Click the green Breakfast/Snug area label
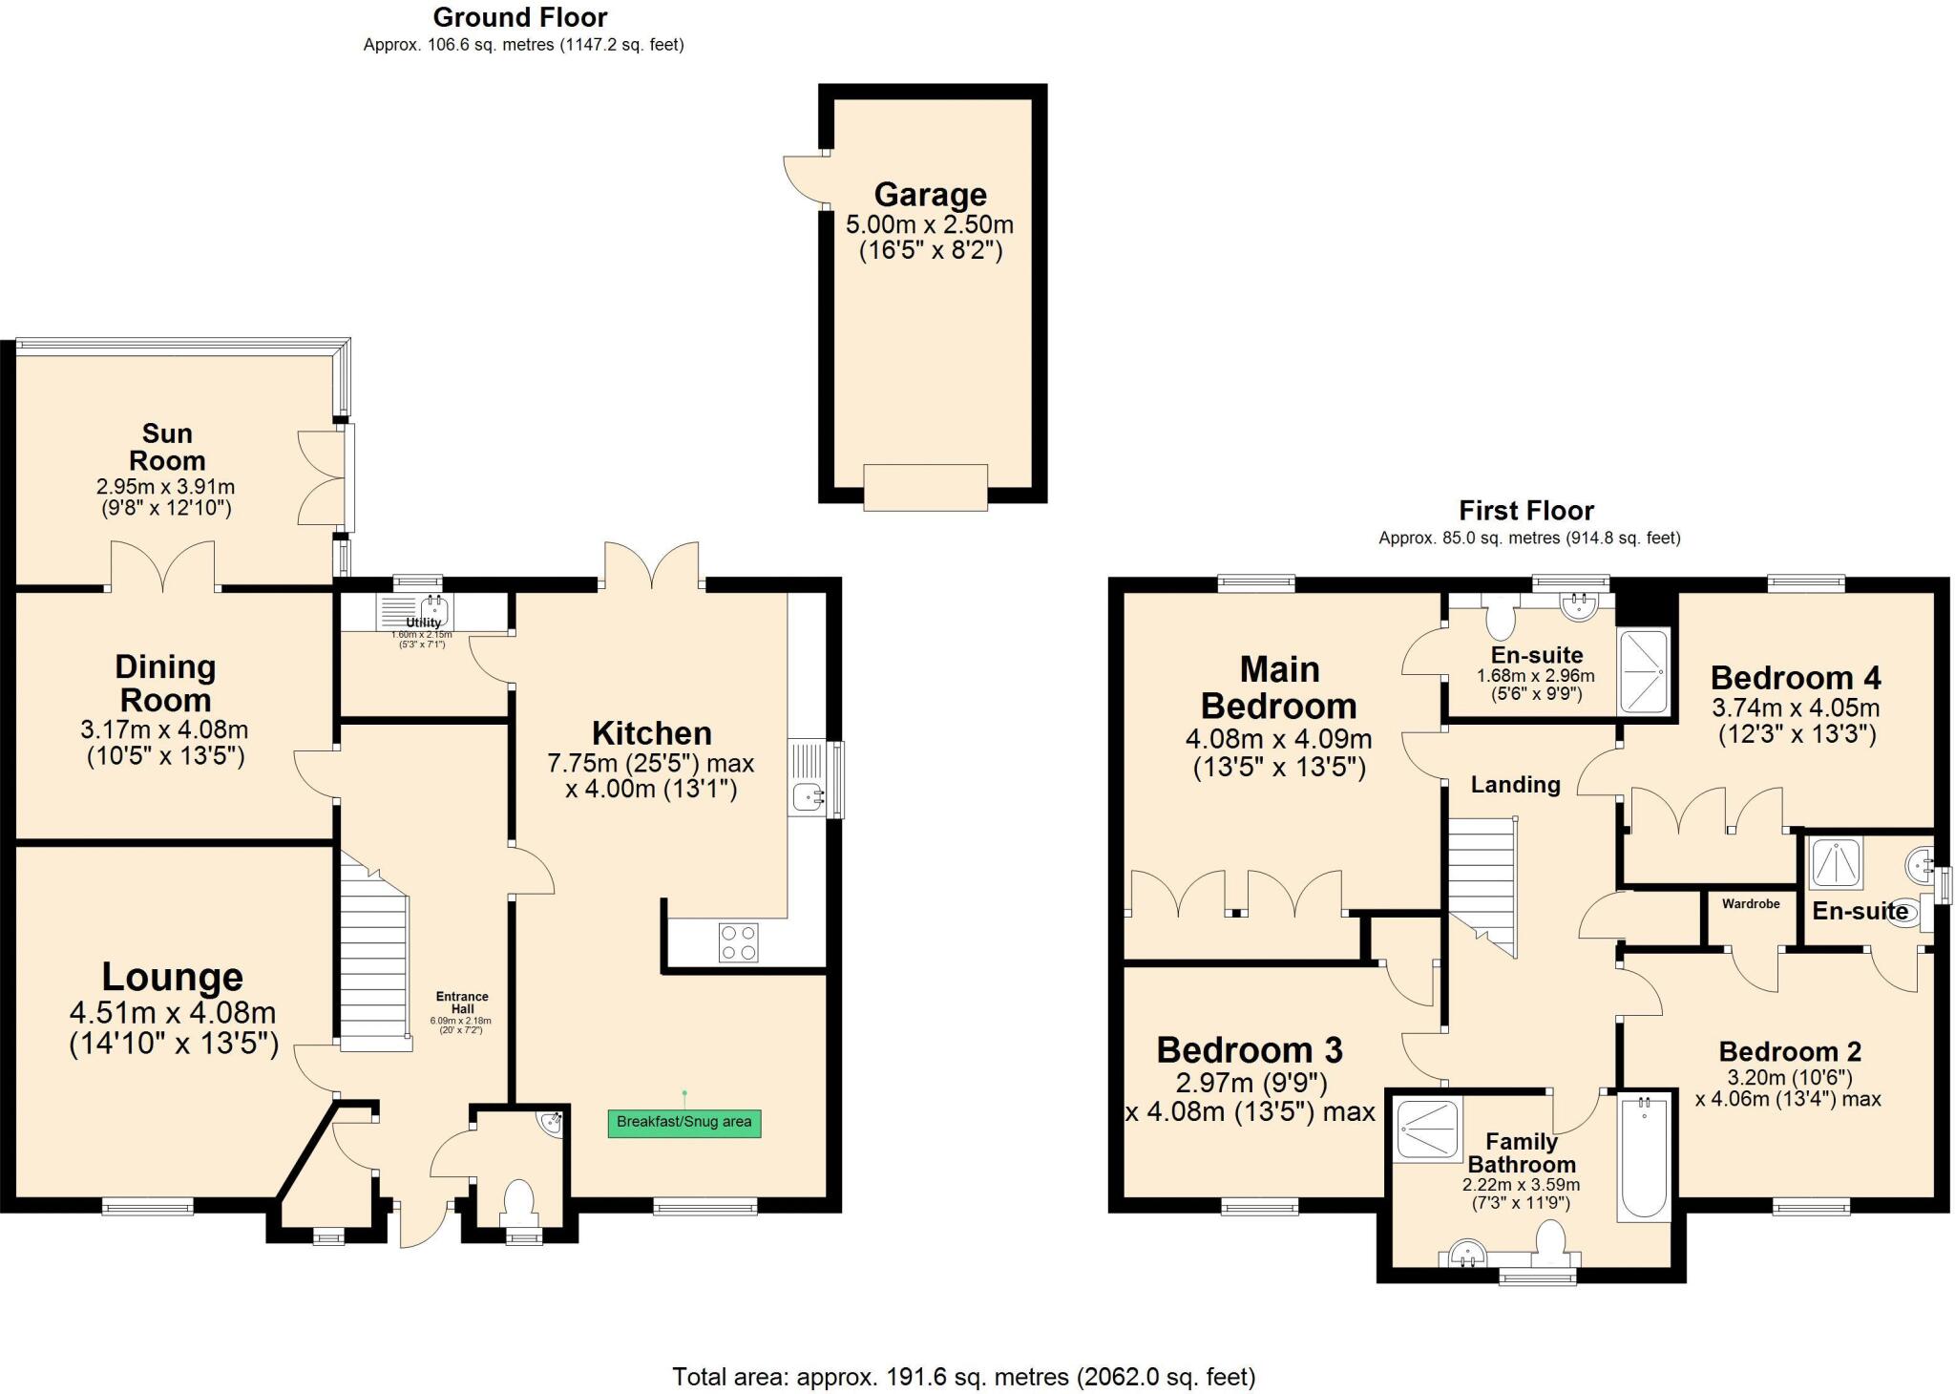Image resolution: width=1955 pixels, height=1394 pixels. (683, 1122)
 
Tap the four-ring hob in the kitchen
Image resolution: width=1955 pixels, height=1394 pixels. (738, 941)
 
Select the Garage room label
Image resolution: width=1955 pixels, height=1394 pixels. (930, 195)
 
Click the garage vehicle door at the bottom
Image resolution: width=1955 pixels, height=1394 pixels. (925, 487)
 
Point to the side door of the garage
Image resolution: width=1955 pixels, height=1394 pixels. (804, 179)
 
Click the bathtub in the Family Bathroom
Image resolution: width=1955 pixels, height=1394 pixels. (1644, 1157)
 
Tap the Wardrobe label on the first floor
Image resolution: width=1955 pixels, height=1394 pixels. (1750, 903)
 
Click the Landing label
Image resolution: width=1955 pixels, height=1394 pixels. (1515, 785)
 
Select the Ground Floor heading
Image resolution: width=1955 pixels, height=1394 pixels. (520, 17)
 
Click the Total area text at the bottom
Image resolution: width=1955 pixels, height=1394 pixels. (963, 1377)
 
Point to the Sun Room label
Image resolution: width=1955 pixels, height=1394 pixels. (167, 447)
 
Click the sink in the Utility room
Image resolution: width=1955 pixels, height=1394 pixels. (434, 608)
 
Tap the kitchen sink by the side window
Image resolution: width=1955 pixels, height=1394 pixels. (808, 794)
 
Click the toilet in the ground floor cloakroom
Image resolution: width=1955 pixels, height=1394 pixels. (518, 1201)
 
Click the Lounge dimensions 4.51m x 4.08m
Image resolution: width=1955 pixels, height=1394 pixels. (173, 1012)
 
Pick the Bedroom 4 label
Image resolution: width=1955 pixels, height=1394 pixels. (1795, 678)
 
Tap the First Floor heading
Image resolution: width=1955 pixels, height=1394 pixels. (1525, 511)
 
